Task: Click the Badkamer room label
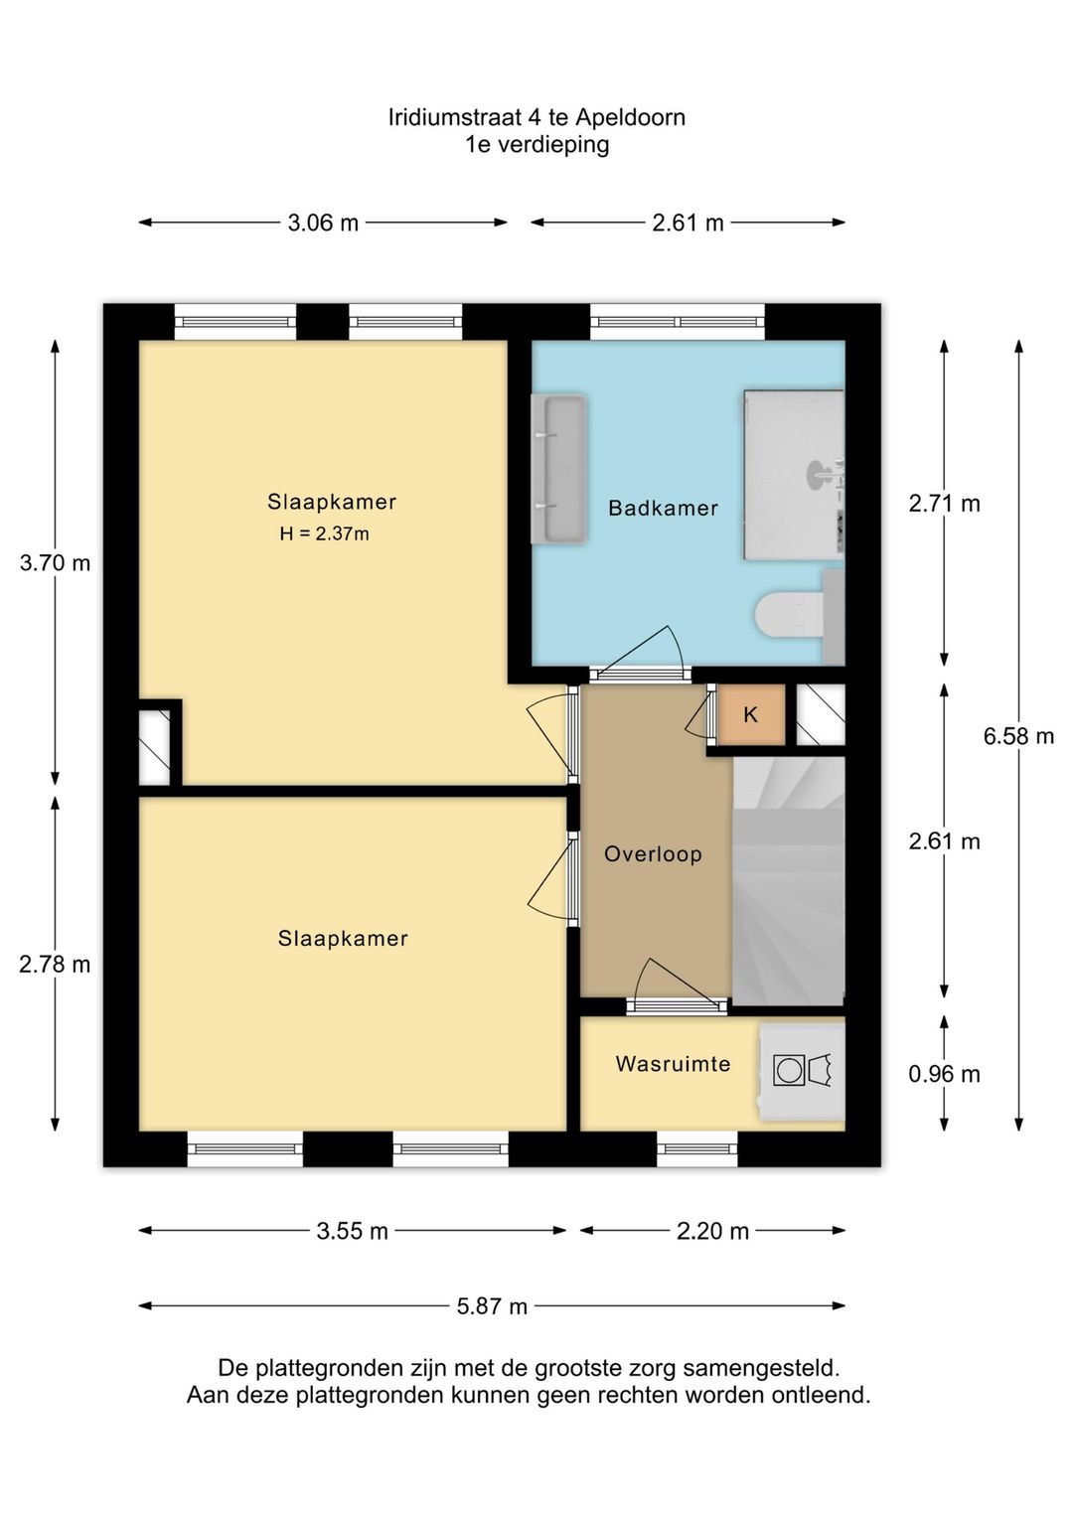(x=663, y=508)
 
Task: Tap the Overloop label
(x=653, y=854)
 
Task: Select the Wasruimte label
(x=673, y=1064)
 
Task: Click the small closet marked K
(x=751, y=714)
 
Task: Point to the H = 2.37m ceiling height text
(x=324, y=534)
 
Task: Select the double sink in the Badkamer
(x=559, y=468)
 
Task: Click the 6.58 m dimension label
(x=1018, y=736)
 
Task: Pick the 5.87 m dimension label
(x=492, y=1306)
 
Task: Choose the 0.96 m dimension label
(x=945, y=1074)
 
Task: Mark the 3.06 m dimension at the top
(x=323, y=223)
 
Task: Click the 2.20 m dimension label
(x=713, y=1231)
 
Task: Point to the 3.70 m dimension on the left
(x=55, y=562)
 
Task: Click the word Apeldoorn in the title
(x=630, y=118)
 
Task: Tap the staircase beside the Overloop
(x=789, y=880)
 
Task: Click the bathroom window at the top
(x=678, y=323)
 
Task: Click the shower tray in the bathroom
(x=794, y=475)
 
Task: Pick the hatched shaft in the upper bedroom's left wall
(x=155, y=742)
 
